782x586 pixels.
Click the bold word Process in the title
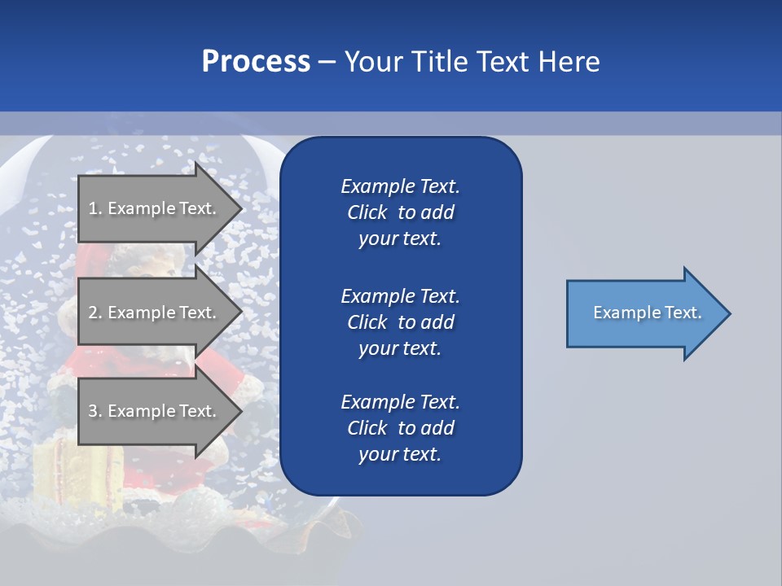click(256, 62)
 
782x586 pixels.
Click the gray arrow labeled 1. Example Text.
click(155, 209)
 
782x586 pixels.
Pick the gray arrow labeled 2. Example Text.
click(155, 313)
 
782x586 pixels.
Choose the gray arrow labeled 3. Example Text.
click(155, 411)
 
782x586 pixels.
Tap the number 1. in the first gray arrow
click(94, 208)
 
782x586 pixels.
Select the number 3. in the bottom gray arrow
click(94, 411)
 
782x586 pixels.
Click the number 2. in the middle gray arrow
click(94, 313)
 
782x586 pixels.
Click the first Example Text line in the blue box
click(400, 186)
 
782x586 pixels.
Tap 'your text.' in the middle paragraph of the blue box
click(400, 348)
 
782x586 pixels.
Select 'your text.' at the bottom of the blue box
click(400, 454)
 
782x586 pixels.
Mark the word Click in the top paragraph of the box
click(367, 212)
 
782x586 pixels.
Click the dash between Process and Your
click(327, 62)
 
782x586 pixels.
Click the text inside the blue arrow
click(647, 313)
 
